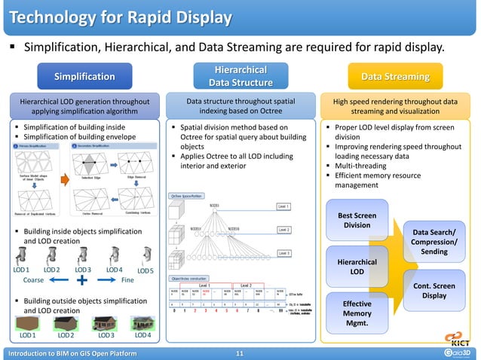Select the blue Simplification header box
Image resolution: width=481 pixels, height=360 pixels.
84,76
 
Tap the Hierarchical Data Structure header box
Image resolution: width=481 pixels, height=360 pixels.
240,76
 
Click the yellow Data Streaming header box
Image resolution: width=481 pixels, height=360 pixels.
395,76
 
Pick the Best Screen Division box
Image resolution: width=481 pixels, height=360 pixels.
357,219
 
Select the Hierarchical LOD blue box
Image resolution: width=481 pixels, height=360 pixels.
357,266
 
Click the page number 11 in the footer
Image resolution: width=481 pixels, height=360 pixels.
240,353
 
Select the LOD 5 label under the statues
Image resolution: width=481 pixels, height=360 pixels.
146,270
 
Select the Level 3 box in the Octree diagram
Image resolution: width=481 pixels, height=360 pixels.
283,254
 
